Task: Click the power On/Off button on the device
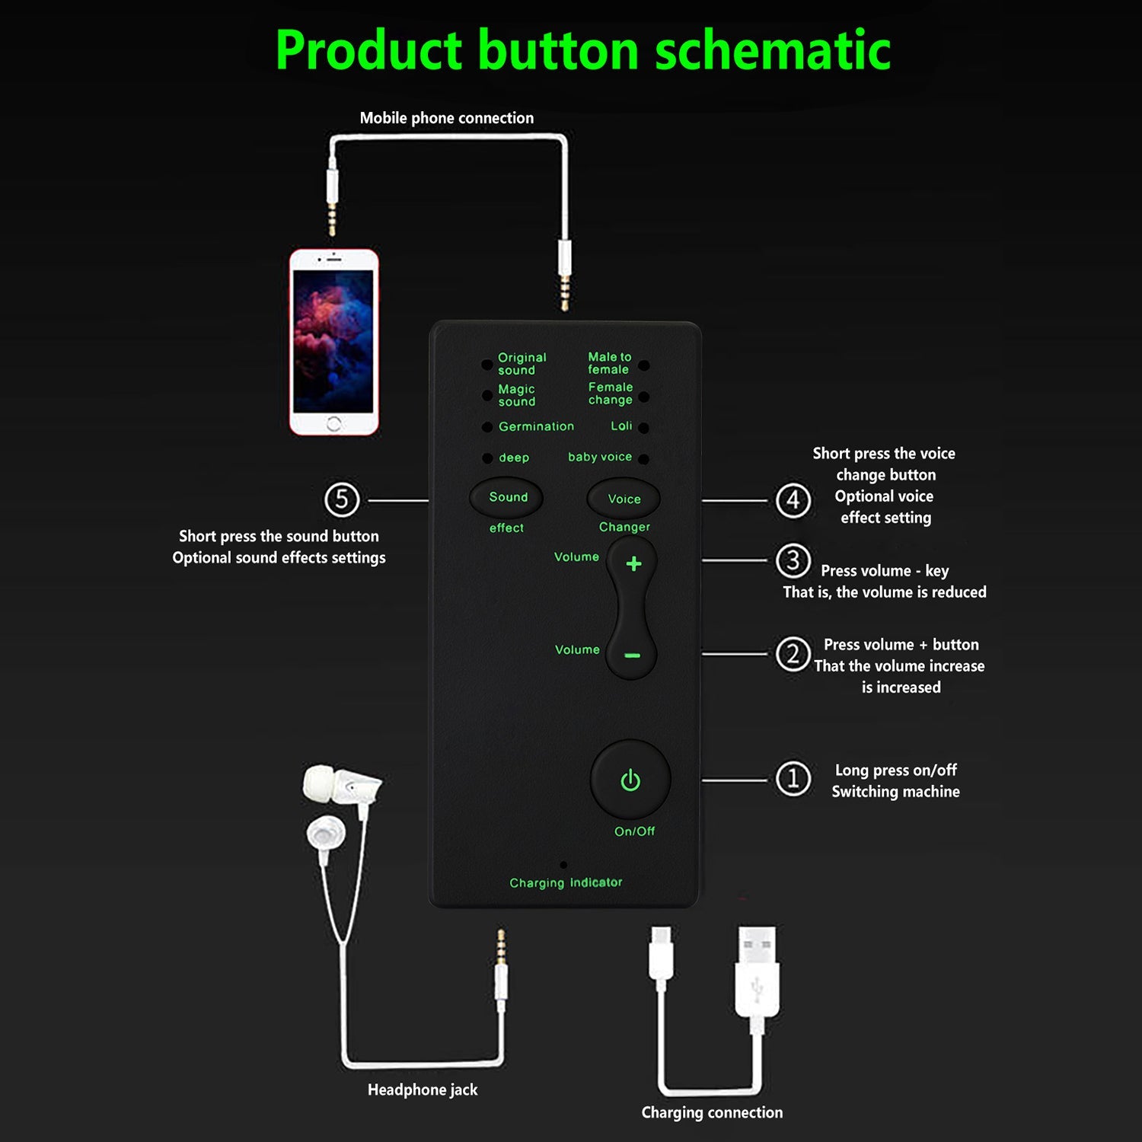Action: [630, 780]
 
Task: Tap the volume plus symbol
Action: [633, 563]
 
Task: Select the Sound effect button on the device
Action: [506, 497]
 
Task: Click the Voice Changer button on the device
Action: [624, 499]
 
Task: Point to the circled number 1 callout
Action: [793, 779]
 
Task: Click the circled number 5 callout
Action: [342, 499]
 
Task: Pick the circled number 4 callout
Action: [793, 500]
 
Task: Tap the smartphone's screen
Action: [333, 340]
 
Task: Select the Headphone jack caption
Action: [423, 1089]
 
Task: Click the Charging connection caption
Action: [712, 1112]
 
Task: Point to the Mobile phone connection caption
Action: [447, 118]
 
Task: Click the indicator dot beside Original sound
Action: [486, 365]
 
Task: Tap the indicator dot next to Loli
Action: [644, 428]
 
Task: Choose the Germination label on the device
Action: [536, 426]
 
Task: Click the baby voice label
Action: [600, 457]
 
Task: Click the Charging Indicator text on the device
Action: [566, 882]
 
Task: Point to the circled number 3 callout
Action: [793, 560]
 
